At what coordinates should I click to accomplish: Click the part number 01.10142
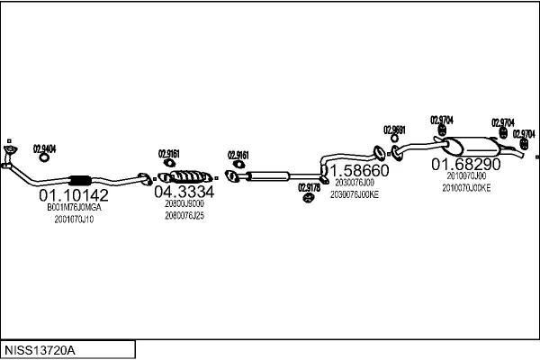pyautogui.click(x=73, y=194)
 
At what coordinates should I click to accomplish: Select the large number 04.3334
pyautogui.click(x=184, y=192)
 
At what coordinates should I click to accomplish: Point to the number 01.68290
pyautogui.click(x=464, y=165)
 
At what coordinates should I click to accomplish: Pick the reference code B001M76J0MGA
pyautogui.click(x=75, y=207)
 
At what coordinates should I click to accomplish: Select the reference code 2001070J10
pyautogui.click(x=74, y=219)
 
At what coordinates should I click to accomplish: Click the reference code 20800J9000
pyautogui.click(x=184, y=203)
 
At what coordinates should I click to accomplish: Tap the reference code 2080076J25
pyautogui.click(x=184, y=215)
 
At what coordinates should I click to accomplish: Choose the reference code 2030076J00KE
pyautogui.click(x=356, y=193)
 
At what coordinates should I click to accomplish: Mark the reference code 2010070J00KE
pyautogui.click(x=466, y=188)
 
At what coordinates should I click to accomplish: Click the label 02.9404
pyautogui.click(x=44, y=148)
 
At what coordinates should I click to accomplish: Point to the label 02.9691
pyautogui.click(x=394, y=129)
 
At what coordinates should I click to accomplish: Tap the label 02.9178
pyautogui.click(x=309, y=187)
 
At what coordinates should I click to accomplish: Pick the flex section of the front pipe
pyautogui.click(x=79, y=178)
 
